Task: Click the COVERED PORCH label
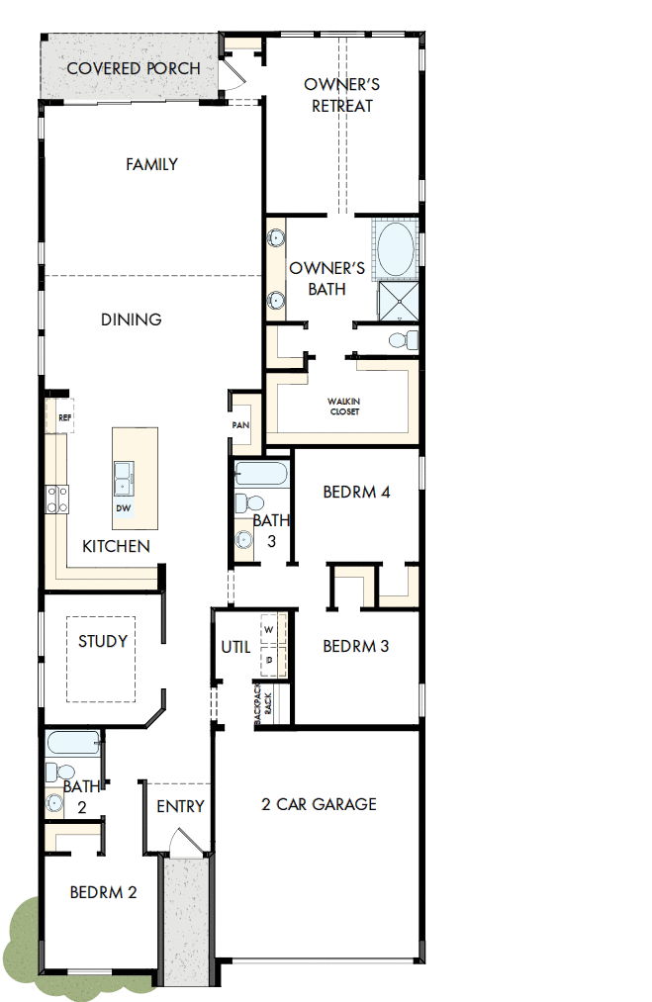tap(133, 68)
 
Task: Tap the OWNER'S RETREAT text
tap(341, 95)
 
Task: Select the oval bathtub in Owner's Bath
tap(397, 250)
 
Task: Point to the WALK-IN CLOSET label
tap(343, 407)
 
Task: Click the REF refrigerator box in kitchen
tap(65, 417)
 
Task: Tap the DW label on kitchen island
tap(124, 508)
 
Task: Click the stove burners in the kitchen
tap(56, 498)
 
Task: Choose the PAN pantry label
tap(240, 425)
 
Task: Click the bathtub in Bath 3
tap(262, 474)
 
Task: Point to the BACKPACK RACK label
tap(261, 705)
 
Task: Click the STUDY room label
tap(103, 641)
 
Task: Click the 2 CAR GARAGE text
tap(319, 804)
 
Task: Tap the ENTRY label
tap(180, 806)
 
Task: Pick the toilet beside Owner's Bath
tap(400, 340)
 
